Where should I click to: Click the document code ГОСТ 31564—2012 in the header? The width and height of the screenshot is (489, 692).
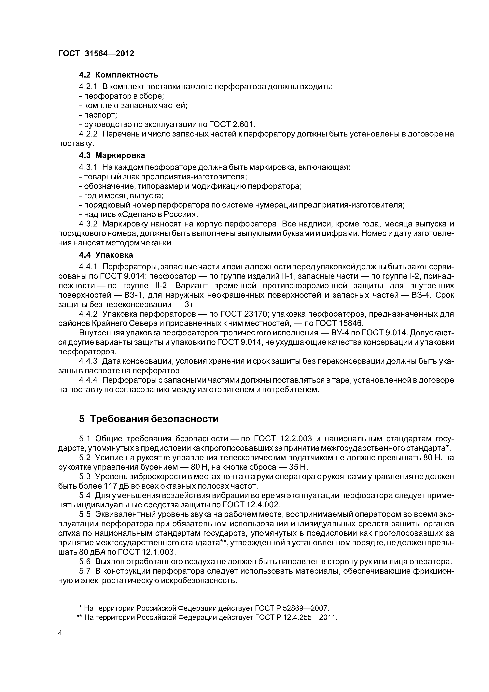pyautogui.click(x=96, y=54)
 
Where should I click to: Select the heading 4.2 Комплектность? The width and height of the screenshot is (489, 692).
pyautogui.click(x=119, y=75)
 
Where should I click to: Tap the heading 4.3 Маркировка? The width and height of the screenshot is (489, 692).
pyautogui.click(x=112, y=155)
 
